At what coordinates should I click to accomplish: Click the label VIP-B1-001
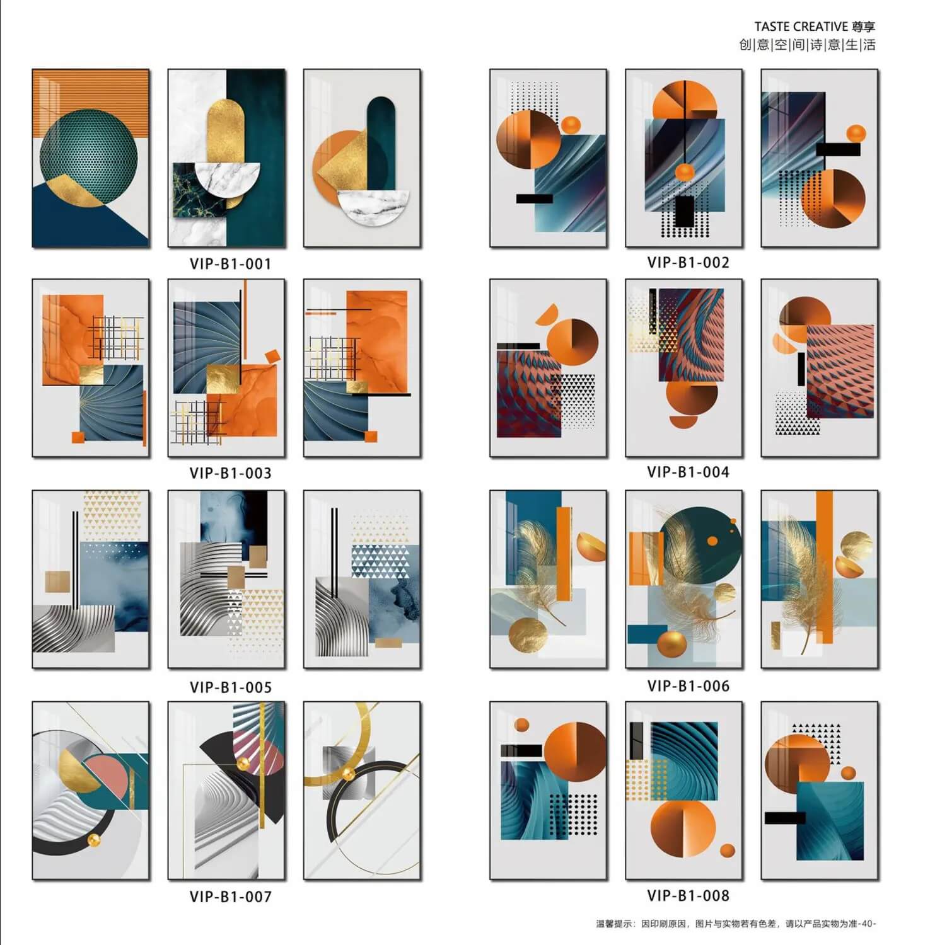(230, 263)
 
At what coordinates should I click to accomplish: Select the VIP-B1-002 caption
(688, 262)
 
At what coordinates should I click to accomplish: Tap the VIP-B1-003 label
(230, 473)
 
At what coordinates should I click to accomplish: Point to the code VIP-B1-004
(688, 472)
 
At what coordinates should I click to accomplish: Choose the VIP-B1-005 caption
(230, 687)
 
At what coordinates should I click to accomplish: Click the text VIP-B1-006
(688, 685)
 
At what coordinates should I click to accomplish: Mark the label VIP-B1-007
(230, 896)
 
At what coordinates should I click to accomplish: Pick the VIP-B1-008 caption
(688, 895)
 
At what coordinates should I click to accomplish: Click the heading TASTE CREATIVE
(801, 26)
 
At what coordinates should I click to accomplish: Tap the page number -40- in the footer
(868, 924)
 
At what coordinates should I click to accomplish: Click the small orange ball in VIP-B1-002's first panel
(571, 125)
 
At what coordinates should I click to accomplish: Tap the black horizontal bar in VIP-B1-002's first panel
(534, 198)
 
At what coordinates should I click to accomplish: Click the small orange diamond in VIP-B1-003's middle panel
(272, 356)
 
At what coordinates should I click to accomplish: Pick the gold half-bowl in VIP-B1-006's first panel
(591, 547)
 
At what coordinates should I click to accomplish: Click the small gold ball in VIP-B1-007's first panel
(94, 840)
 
